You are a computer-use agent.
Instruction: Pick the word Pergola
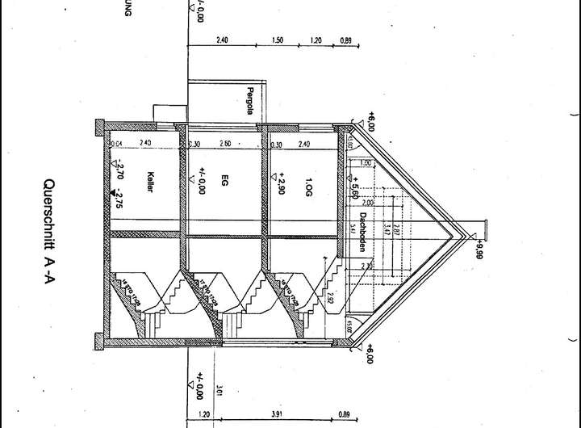[x=251, y=102]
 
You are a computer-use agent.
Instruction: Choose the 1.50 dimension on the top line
[x=277, y=40]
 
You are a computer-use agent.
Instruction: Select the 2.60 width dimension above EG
[x=225, y=145]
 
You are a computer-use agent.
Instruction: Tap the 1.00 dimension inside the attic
[x=365, y=163]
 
